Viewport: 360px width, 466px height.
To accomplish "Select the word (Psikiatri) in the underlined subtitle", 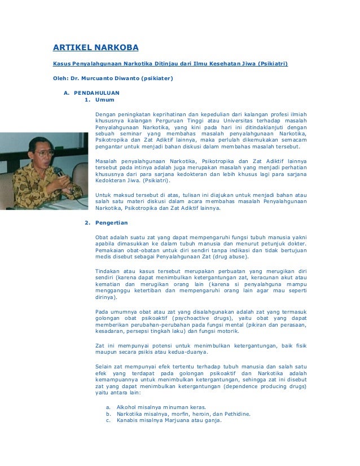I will [273, 64].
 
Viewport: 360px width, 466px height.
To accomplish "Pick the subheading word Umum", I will [105, 100].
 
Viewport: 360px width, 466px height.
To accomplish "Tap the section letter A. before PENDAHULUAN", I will [66, 92].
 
